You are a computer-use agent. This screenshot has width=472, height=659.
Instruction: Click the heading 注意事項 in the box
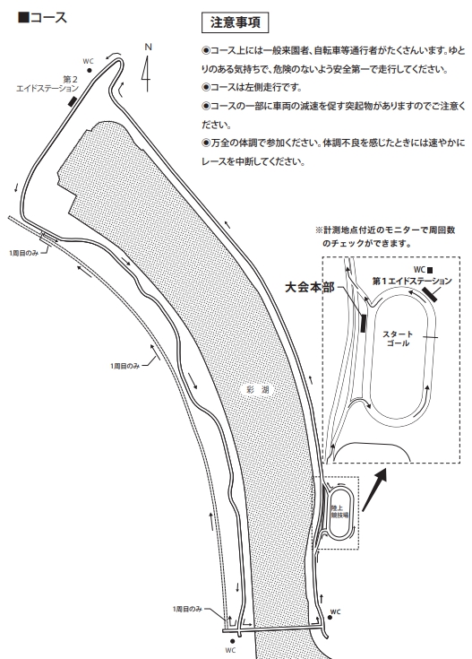(x=235, y=22)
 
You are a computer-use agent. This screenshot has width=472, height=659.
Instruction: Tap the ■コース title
(x=42, y=18)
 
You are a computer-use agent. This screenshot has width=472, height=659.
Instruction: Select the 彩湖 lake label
(x=258, y=390)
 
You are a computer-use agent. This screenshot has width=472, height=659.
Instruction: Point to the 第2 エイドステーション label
(x=47, y=84)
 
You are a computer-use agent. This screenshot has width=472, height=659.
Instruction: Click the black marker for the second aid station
(x=73, y=100)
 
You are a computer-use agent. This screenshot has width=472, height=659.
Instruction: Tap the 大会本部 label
(x=310, y=288)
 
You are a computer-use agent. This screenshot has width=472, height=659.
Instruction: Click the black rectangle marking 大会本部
(x=364, y=323)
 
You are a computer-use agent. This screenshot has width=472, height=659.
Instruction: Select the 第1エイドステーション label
(x=412, y=281)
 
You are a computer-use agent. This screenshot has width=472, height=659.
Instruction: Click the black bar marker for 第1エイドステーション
(x=430, y=294)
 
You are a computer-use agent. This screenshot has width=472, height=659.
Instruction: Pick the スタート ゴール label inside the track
(x=398, y=339)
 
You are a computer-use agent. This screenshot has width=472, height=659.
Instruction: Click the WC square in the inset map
(x=430, y=271)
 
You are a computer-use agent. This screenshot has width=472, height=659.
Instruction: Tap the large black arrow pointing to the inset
(x=374, y=490)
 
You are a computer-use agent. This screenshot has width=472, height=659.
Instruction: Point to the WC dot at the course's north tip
(x=90, y=70)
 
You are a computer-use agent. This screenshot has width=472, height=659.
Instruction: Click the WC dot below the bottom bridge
(x=232, y=641)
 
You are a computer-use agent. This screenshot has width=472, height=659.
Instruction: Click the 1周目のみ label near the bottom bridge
(x=187, y=609)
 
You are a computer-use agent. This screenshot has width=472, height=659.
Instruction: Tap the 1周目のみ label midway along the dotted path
(x=124, y=366)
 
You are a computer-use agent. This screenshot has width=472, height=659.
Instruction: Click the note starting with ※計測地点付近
(x=385, y=237)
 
